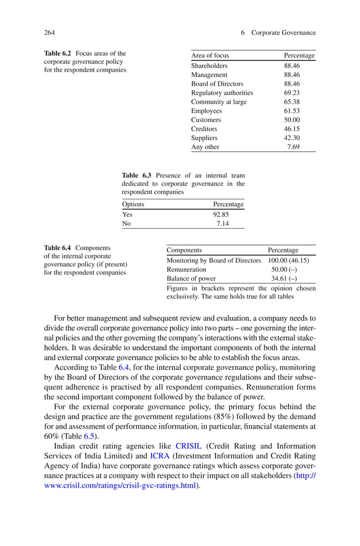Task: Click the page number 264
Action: pyautogui.click(x=49, y=33)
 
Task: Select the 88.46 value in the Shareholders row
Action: pyautogui.click(x=292, y=65)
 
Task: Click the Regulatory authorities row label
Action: pyautogui.click(x=222, y=93)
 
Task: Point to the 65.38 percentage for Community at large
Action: pyautogui.click(x=292, y=102)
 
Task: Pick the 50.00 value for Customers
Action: pyautogui.click(x=292, y=120)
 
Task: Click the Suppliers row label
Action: pyautogui.click(x=204, y=138)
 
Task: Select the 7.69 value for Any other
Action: pyautogui.click(x=293, y=147)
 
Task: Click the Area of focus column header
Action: pyautogui.click(x=210, y=55)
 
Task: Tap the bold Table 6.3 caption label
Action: pyautogui.click(x=137, y=175)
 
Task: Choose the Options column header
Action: pyautogui.click(x=133, y=204)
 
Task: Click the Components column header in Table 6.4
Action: pyautogui.click(x=184, y=250)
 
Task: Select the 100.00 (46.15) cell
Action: pyautogui.click(x=288, y=260)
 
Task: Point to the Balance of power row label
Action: pyautogui.click(x=191, y=278)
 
